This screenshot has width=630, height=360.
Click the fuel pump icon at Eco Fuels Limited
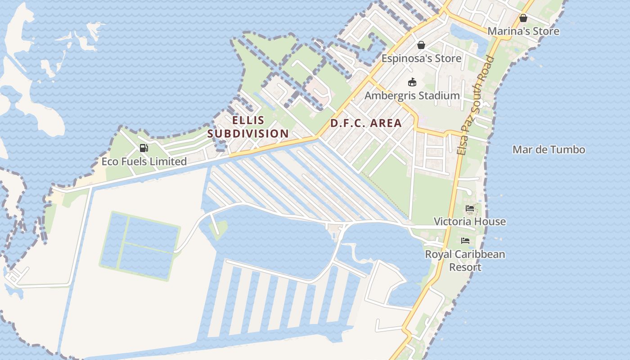[x=144, y=148]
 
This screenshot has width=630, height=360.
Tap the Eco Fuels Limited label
[x=144, y=162]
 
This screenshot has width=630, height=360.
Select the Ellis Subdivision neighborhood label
[x=248, y=127]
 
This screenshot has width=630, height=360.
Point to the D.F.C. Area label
[x=366, y=123]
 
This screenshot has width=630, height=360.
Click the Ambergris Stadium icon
[x=412, y=82]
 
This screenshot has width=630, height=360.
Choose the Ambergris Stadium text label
[x=412, y=95]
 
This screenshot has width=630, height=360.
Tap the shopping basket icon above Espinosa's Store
[x=421, y=45]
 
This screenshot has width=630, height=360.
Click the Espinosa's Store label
[x=421, y=58]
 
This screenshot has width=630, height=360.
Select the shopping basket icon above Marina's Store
[x=523, y=18]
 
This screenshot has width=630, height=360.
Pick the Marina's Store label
[x=523, y=31]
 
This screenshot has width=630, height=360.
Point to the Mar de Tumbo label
[x=549, y=150]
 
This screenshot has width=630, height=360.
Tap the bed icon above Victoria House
[x=470, y=208]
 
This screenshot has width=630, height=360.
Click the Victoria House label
[x=469, y=221]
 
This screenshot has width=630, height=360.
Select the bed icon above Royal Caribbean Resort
[x=465, y=241]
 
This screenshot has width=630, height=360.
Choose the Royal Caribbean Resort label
[x=465, y=261]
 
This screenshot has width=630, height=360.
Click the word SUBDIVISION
[x=248, y=134]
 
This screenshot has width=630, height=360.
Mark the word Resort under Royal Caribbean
[x=465, y=267]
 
